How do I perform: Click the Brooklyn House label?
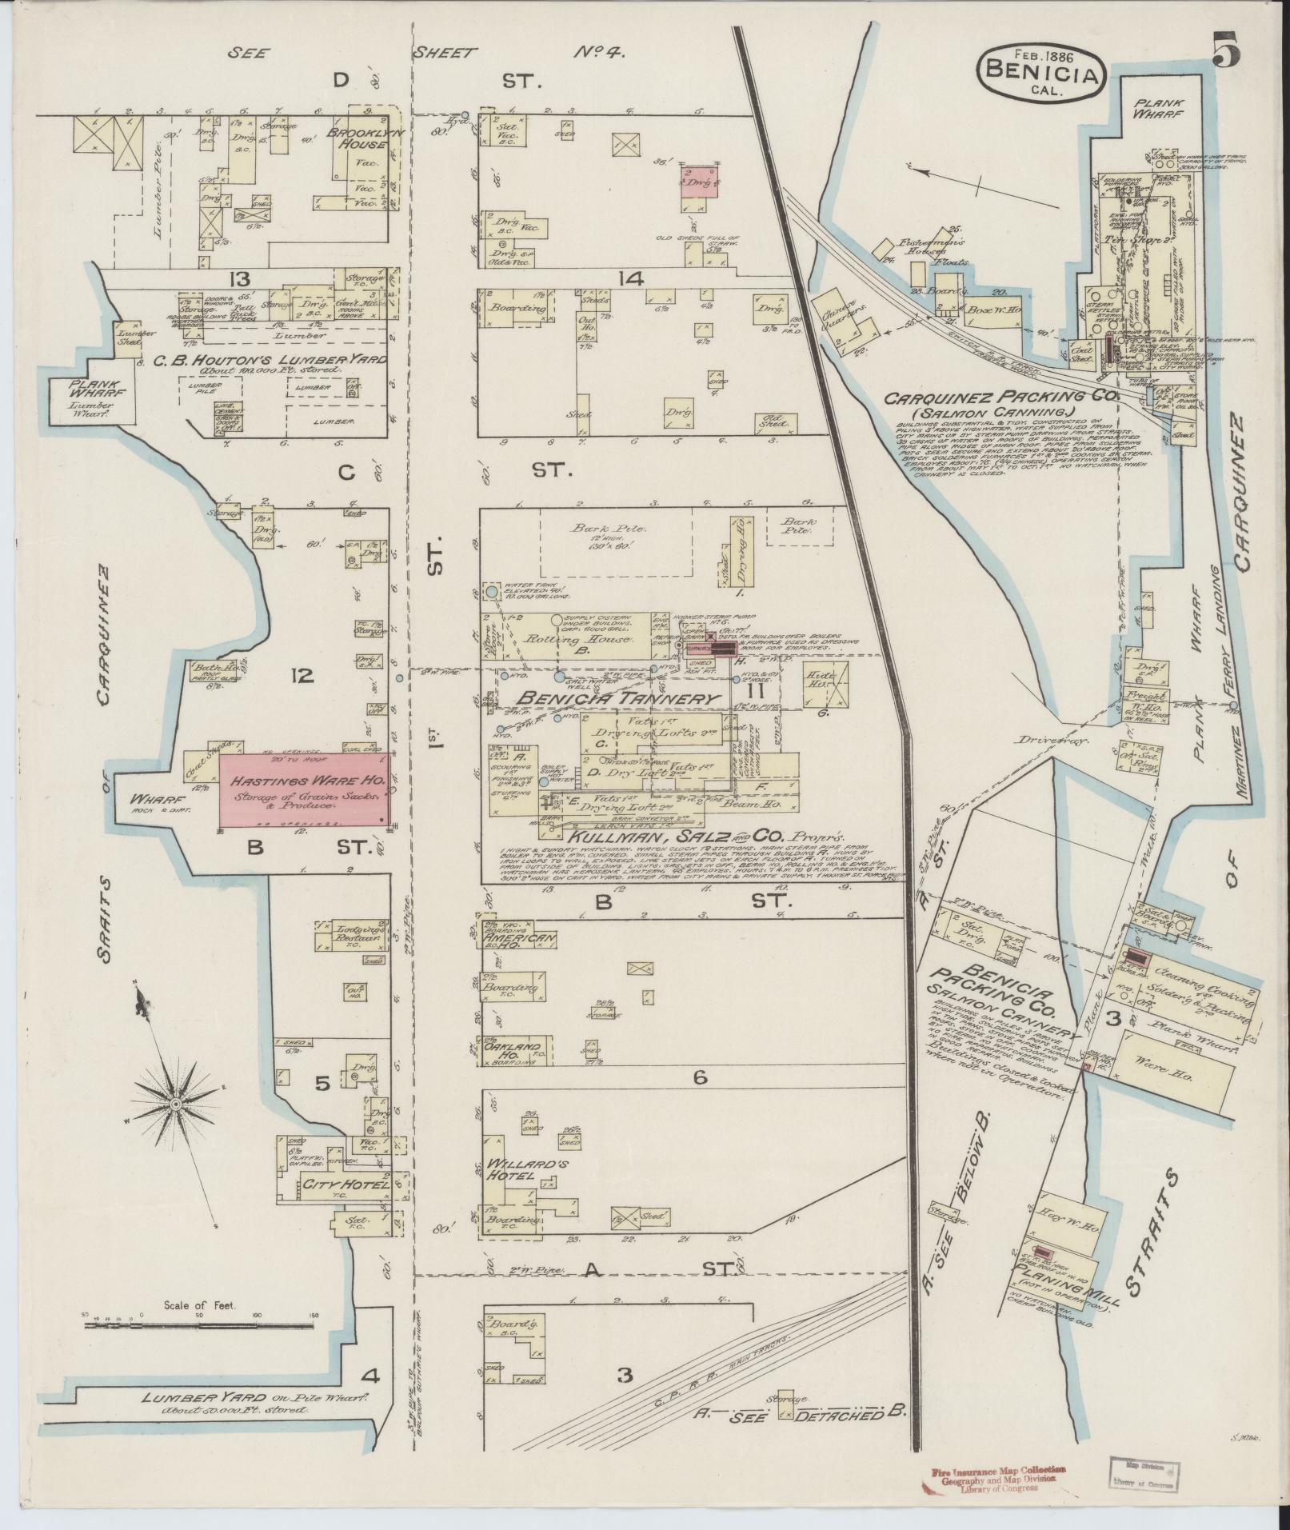click(357, 140)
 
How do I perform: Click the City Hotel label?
click(344, 1183)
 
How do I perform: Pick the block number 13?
click(239, 278)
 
